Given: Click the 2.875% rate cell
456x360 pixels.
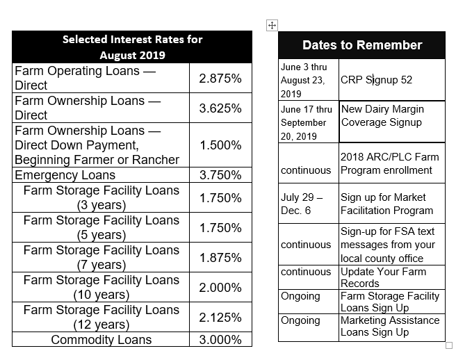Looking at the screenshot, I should click(x=220, y=79).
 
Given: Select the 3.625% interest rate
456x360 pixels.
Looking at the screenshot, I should click(x=220, y=108).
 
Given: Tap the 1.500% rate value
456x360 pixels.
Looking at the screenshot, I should click(x=220, y=145).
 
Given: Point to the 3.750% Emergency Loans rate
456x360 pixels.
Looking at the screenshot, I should click(x=220, y=175).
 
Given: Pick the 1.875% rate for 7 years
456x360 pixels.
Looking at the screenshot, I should click(x=220, y=257).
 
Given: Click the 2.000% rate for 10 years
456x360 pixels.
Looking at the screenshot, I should click(x=220, y=287).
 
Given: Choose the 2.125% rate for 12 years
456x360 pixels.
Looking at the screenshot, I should click(x=220, y=317).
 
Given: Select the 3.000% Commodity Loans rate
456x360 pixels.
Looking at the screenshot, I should click(x=220, y=340).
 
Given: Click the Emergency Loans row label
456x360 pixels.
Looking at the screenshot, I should click(x=65, y=175).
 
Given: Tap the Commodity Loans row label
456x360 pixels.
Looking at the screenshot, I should click(x=101, y=340).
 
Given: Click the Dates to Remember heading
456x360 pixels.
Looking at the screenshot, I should click(x=362, y=45).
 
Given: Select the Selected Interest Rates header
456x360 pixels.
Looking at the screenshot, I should click(x=132, y=47).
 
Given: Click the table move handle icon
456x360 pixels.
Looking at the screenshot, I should click(x=272, y=25).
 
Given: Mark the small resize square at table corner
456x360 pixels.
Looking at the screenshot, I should click(x=449, y=345).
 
